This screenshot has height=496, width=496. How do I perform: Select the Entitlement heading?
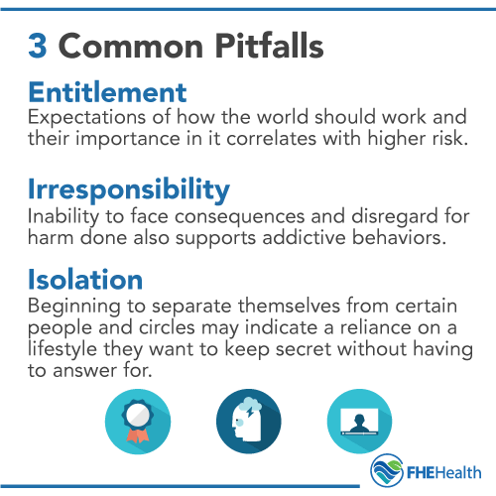(x=108, y=93)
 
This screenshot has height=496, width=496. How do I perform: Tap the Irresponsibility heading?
(x=129, y=189)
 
